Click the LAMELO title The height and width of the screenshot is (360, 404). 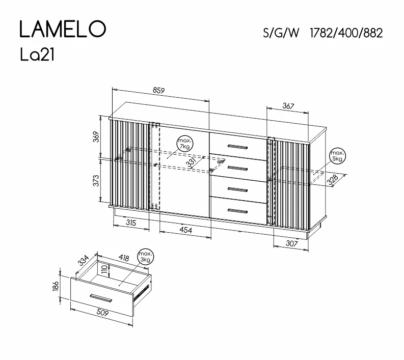tap(63, 29)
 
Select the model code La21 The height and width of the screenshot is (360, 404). tap(37, 55)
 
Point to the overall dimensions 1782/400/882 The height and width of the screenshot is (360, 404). tap(346, 33)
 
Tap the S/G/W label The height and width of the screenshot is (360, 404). tap(281, 33)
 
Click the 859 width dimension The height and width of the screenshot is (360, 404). tap(158, 91)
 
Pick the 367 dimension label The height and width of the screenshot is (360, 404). tap(288, 106)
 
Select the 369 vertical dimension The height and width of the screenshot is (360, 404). tap(96, 137)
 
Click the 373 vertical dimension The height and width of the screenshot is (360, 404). tap(96, 181)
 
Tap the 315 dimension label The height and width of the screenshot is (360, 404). tap(131, 223)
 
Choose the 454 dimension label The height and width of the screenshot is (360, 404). tap(186, 230)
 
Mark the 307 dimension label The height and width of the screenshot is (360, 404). tap(291, 243)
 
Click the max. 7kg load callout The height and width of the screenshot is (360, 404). tap(185, 144)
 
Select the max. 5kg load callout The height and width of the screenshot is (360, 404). tap(338, 156)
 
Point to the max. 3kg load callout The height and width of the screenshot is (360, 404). tap(145, 257)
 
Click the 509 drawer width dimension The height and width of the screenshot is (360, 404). tap(102, 312)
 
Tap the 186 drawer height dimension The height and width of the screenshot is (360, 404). tap(56, 286)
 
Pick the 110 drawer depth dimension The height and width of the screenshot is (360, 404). tap(104, 269)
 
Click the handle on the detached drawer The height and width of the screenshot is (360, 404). tap(101, 298)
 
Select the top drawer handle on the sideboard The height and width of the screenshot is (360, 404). tap(237, 147)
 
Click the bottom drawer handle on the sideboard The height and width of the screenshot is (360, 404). tap(237, 211)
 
